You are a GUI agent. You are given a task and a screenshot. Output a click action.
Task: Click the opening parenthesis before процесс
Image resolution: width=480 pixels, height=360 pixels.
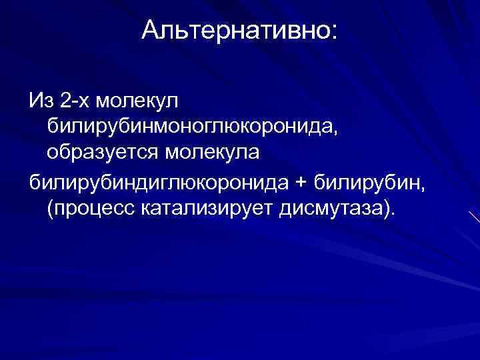click(50, 207)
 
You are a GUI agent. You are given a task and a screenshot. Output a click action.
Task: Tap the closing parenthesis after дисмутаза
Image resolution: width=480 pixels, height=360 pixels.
click(387, 207)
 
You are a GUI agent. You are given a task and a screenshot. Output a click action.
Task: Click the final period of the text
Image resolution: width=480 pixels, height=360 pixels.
click(393, 213)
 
